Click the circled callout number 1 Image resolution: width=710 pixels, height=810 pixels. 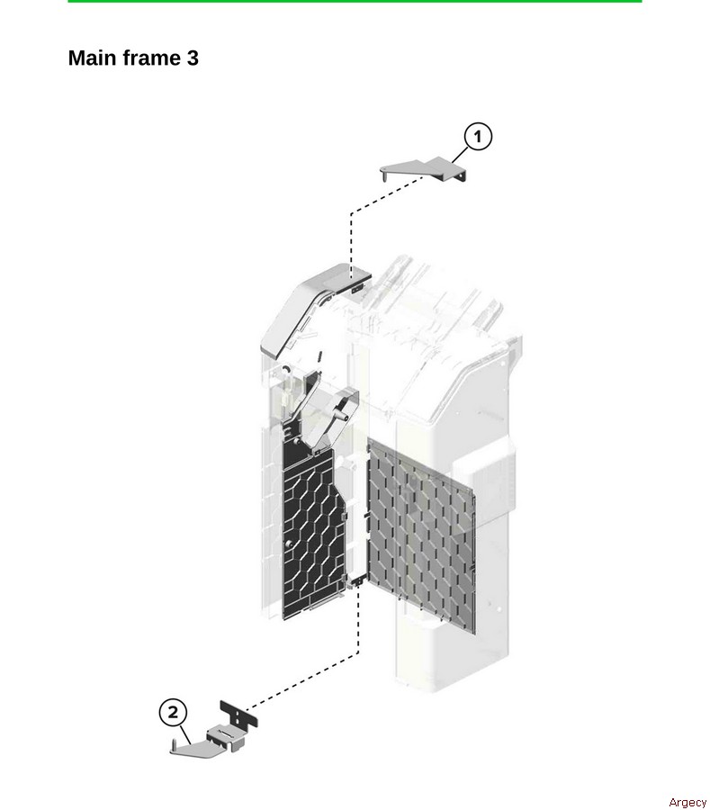tap(478, 137)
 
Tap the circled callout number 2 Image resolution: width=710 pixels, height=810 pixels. tap(173, 713)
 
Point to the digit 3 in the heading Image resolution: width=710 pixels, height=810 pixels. tap(192, 58)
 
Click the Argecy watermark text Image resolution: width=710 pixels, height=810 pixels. tap(688, 802)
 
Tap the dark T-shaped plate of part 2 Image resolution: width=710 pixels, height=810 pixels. tap(238, 714)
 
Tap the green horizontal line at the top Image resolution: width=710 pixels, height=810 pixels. tap(355, 2)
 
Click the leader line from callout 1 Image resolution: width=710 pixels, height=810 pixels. tap(459, 155)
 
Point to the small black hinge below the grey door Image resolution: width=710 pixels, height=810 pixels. tap(356, 581)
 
